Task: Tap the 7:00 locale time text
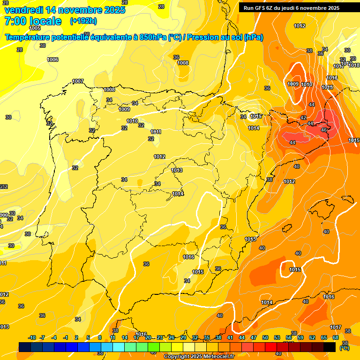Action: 33,21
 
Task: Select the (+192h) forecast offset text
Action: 83,21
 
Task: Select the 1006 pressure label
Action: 53,60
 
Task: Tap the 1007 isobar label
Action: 78,82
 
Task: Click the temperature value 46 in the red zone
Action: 323,130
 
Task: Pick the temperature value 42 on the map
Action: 303,118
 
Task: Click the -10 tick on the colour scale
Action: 32,337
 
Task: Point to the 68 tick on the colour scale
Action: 336,337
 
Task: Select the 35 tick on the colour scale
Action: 207,337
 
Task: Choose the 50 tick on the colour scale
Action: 265,337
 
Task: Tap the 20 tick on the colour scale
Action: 148,337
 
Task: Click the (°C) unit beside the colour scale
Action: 345,348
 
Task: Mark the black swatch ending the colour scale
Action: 330,347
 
